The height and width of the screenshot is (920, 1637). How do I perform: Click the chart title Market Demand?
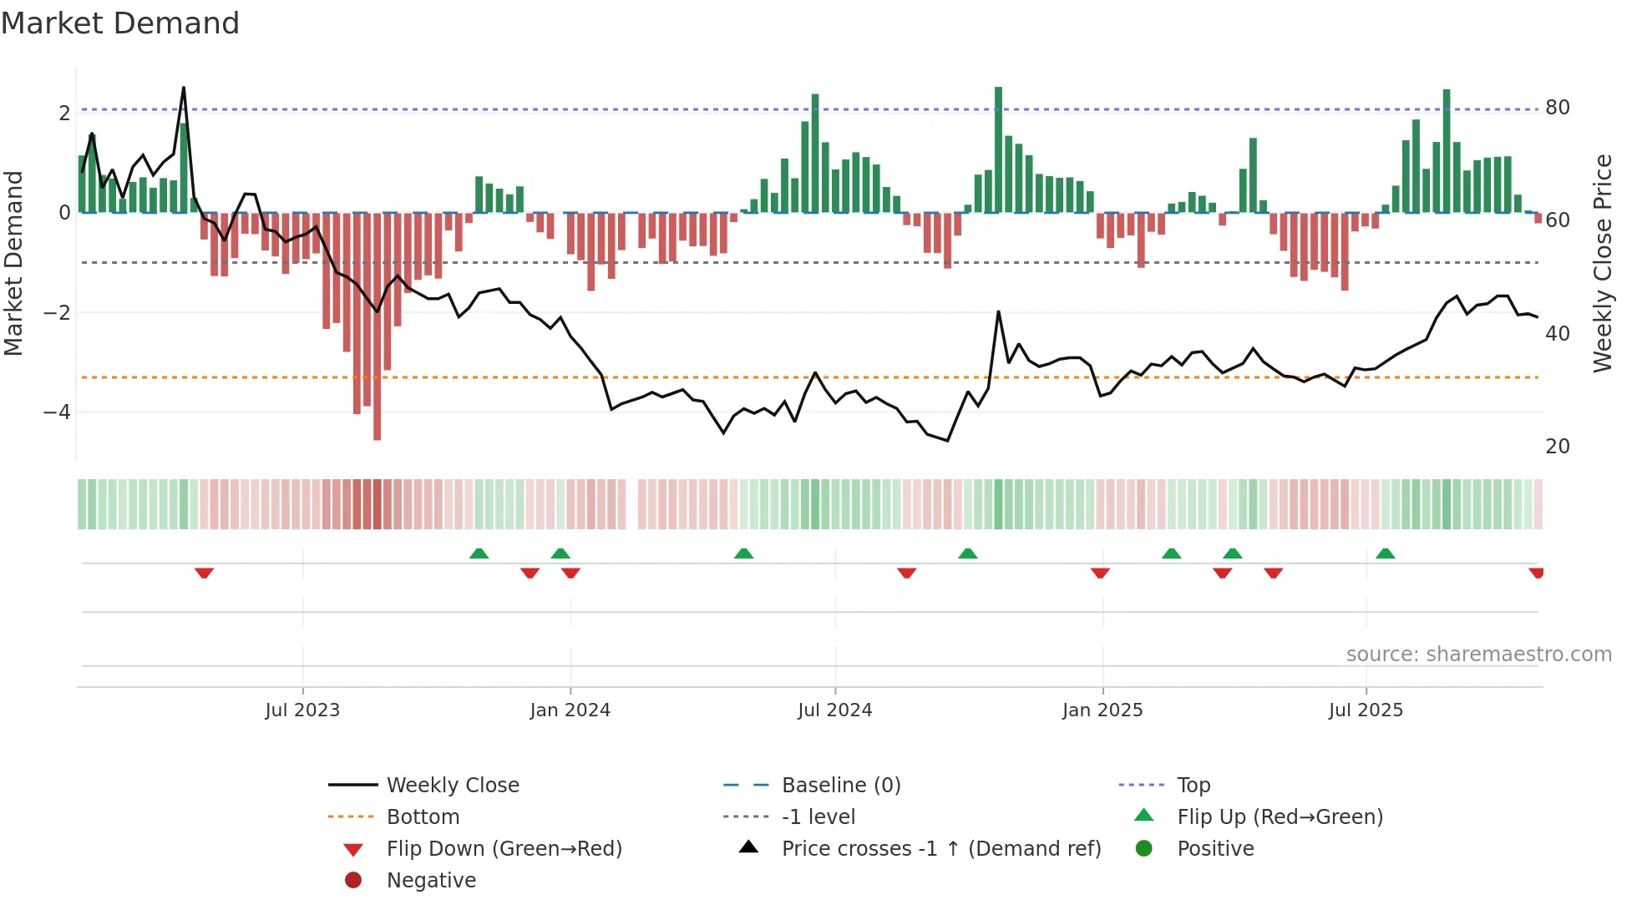pos(120,23)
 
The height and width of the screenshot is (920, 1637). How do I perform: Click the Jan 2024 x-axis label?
pos(570,710)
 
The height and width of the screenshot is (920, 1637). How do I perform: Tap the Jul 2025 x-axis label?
pos(1366,710)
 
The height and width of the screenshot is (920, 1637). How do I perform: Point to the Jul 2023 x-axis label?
pos(302,710)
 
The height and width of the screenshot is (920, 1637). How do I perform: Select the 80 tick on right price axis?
pos(1557,108)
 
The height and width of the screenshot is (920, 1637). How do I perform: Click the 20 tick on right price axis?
pos(1557,447)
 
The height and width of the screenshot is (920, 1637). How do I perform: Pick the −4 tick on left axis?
pos(57,412)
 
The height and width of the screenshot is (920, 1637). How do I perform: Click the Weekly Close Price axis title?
pos(1602,263)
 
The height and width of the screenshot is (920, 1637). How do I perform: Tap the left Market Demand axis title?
pos(13,263)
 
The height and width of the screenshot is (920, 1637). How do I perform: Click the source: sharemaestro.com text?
pos(1478,655)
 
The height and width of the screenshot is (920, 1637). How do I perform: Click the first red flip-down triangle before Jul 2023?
pos(204,573)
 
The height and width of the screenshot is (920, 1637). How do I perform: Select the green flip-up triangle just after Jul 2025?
pos(1385,554)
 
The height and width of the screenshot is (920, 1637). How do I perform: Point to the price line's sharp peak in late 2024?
pos(998,312)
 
